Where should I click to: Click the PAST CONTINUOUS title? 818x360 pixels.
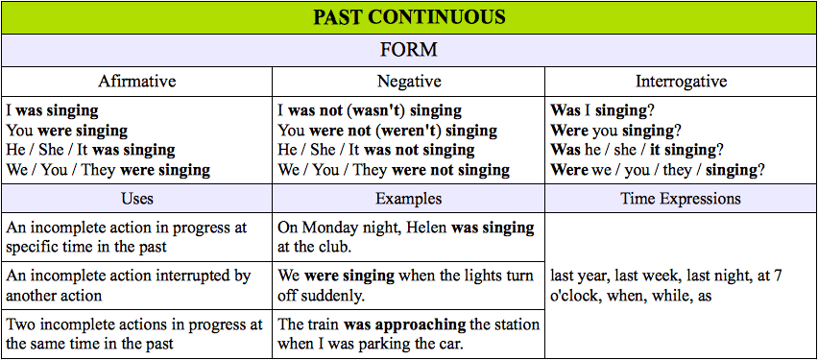pyautogui.click(x=409, y=17)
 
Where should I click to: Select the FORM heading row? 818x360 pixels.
pyautogui.click(x=409, y=50)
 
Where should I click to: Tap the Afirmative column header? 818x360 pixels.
pyautogui.click(x=137, y=82)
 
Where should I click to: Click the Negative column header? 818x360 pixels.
pyautogui.click(x=409, y=82)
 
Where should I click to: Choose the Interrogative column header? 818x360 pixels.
pyautogui.click(x=681, y=82)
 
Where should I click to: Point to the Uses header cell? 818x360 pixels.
pyautogui.click(x=137, y=199)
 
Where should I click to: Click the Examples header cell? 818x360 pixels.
pyautogui.click(x=409, y=199)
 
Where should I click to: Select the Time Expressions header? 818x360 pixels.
pyautogui.click(x=681, y=199)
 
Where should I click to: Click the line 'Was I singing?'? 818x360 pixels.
pyautogui.click(x=603, y=110)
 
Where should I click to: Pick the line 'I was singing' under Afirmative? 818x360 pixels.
pyautogui.click(x=52, y=110)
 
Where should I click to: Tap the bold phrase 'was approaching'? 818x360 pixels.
pyautogui.click(x=405, y=324)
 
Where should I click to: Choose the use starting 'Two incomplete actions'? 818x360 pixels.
pyautogui.click(x=134, y=334)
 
